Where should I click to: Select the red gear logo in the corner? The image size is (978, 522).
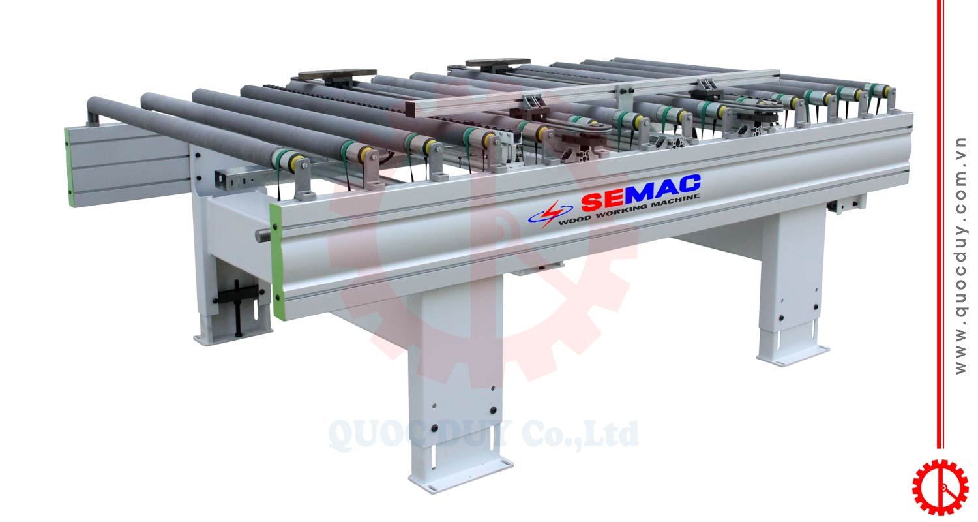[x=940, y=487]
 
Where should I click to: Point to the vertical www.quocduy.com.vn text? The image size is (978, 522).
[x=960, y=256]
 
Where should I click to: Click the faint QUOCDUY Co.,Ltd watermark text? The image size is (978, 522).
[x=483, y=435]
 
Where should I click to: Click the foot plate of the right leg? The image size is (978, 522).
[x=792, y=354]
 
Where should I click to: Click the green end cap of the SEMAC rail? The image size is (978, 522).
[x=276, y=261]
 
